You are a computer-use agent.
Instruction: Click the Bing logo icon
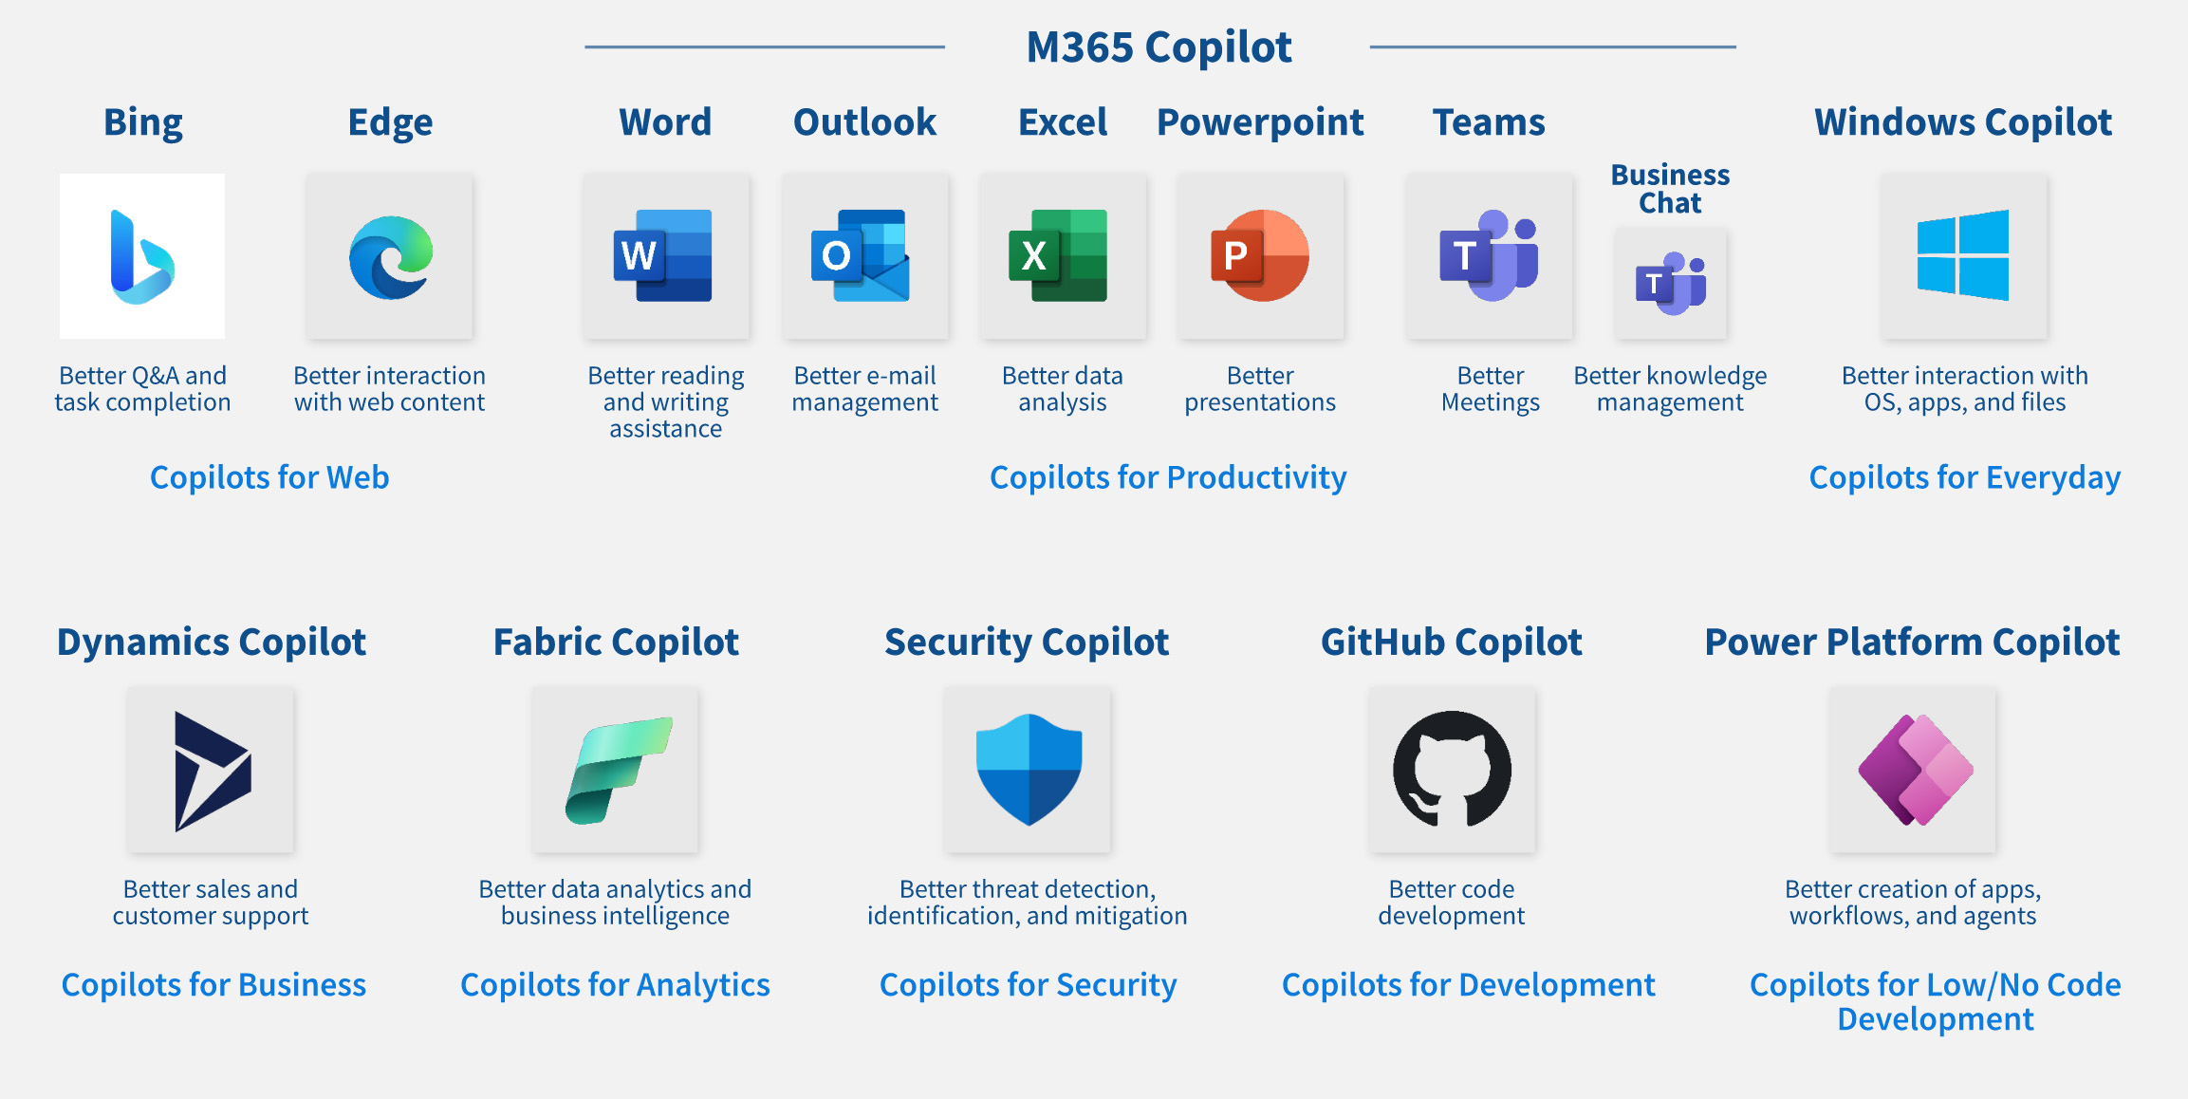tap(142, 256)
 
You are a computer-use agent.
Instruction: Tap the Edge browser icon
tap(390, 256)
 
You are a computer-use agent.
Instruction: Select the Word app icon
tap(664, 255)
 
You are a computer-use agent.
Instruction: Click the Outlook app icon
tap(862, 255)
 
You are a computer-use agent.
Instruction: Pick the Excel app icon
tap(1060, 255)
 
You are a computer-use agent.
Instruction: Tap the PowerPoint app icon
tap(1260, 255)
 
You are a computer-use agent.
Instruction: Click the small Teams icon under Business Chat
tap(1670, 284)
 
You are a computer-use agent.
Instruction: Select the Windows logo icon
tap(1963, 255)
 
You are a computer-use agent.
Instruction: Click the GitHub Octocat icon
tap(1452, 770)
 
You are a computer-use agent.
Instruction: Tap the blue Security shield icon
tap(1029, 770)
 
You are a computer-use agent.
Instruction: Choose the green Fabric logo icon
tap(617, 770)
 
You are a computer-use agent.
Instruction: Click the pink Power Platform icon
tap(1914, 770)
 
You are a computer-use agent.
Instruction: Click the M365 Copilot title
tap(1159, 47)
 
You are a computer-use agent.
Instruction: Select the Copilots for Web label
tap(269, 477)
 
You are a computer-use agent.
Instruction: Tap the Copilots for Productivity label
tap(1168, 477)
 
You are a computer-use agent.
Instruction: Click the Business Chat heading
tap(1670, 189)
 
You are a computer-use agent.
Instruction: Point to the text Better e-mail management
tap(864, 389)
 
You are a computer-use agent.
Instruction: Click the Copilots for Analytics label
tap(615, 985)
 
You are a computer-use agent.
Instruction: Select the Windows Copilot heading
tap(1963, 122)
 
